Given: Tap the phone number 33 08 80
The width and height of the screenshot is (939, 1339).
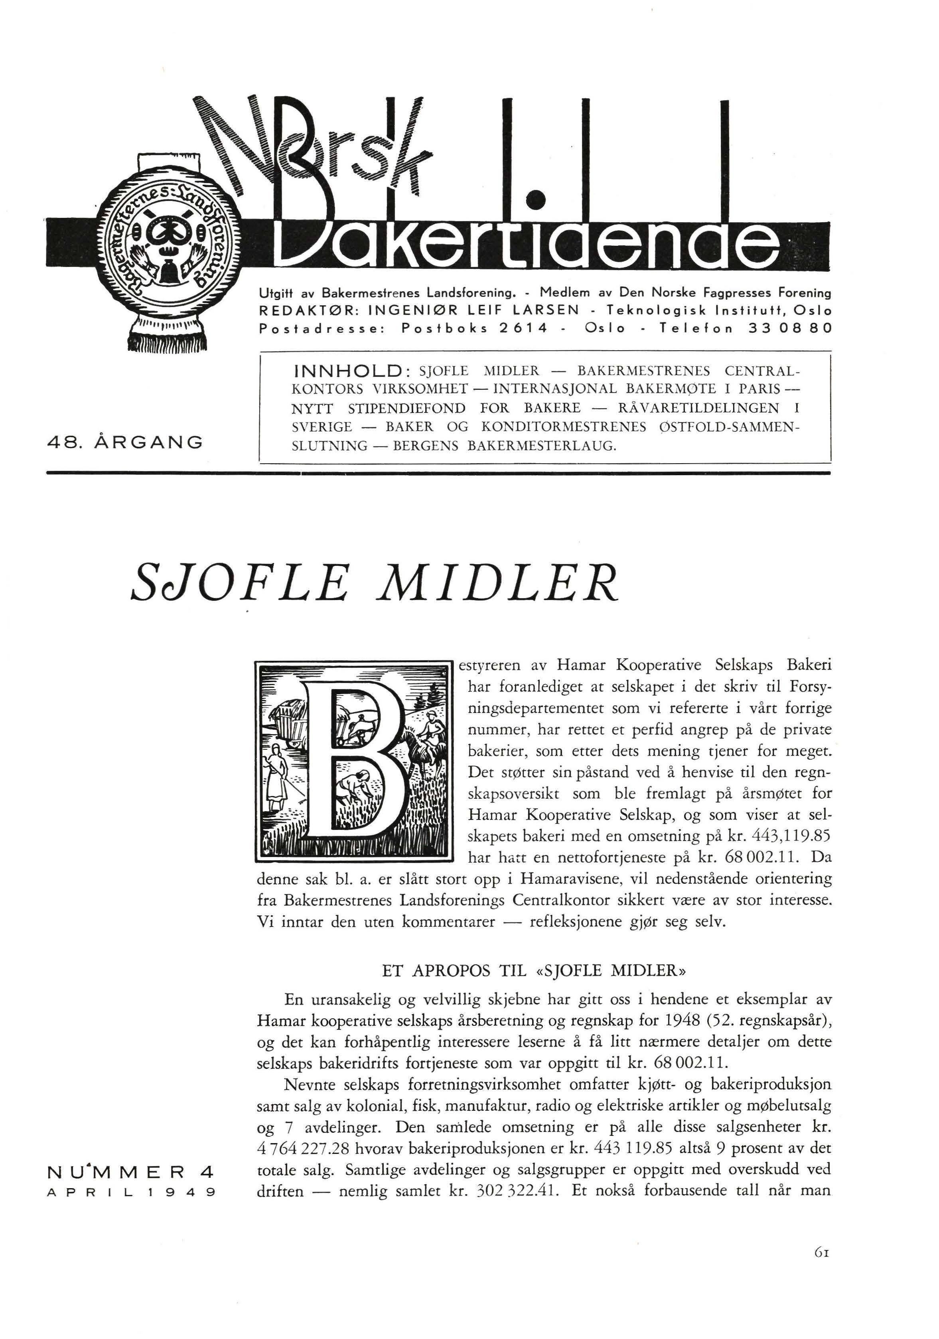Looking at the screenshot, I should (x=789, y=328).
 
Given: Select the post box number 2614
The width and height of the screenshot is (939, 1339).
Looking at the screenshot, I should (x=524, y=328).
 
